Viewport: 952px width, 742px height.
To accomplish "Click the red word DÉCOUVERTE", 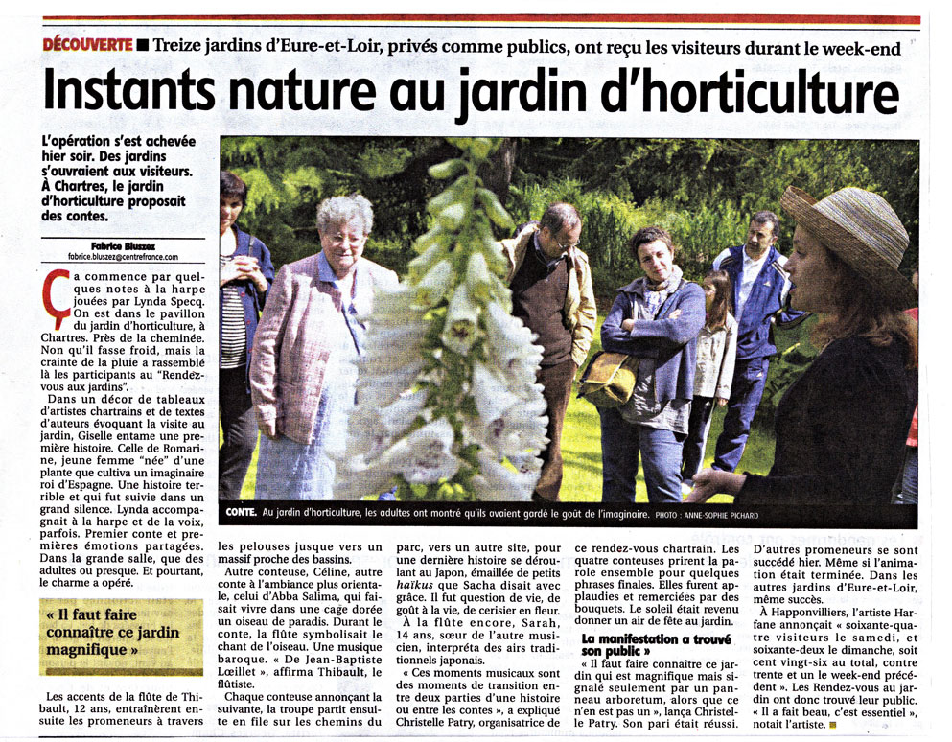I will (x=86, y=45).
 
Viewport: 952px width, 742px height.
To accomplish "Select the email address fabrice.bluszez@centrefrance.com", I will (x=124, y=256).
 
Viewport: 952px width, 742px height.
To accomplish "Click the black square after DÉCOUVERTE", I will (x=143, y=45).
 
